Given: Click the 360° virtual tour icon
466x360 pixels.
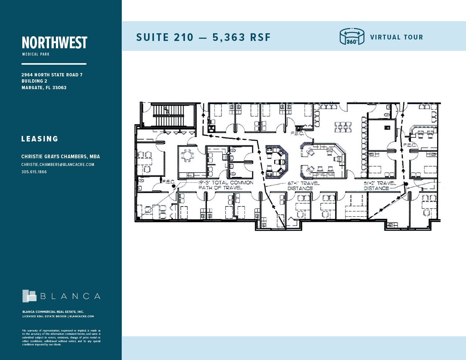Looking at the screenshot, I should (352, 37).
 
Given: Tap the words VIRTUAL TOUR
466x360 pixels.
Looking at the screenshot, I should (396, 37).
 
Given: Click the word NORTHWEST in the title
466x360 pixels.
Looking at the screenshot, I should (54, 43).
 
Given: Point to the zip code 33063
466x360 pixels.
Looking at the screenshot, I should (59, 88).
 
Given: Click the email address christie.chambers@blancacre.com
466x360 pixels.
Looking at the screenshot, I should (58, 164).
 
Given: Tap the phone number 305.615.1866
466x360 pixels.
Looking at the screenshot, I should (34, 172).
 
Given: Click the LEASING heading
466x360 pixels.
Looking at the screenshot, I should (40, 139).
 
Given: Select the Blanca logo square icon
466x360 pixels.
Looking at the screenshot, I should (29, 296).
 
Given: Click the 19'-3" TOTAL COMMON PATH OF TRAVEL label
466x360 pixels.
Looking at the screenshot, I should (226, 185).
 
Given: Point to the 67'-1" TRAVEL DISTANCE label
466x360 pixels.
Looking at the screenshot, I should (303, 186).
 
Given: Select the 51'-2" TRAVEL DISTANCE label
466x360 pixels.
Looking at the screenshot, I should (379, 186).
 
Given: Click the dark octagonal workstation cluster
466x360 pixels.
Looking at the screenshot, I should (276, 161).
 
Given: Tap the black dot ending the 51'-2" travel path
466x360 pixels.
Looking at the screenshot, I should (406, 183).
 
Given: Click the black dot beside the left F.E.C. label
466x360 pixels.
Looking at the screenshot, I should (174, 186).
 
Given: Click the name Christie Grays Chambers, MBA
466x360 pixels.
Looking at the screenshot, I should (61, 156).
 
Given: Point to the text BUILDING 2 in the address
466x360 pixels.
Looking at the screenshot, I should (34, 81).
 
